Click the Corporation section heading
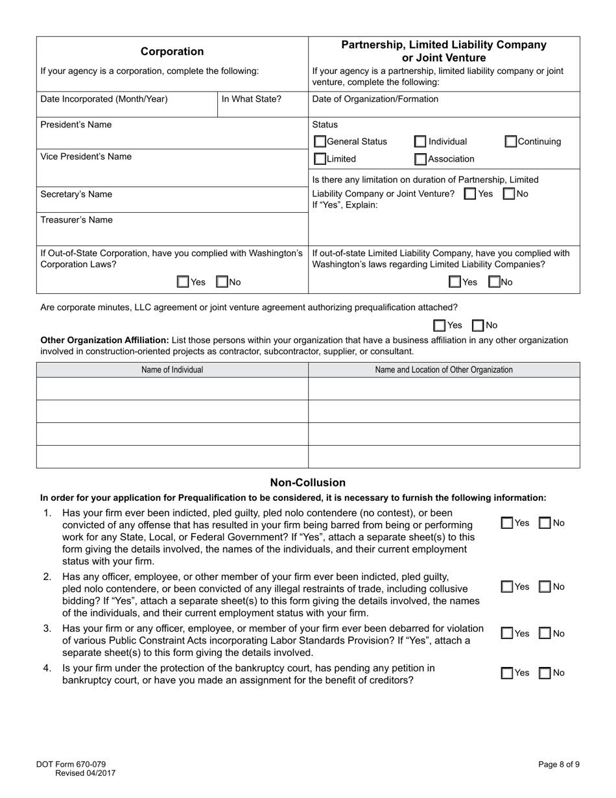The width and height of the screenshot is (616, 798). (172, 52)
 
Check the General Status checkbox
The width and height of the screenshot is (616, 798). (320, 141)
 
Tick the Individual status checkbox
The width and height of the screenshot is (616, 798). (420, 141)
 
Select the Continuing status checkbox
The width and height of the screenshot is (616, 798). (511, 141)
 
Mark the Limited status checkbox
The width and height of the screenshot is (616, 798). (320, 159)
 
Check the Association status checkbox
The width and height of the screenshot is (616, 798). (420, 159)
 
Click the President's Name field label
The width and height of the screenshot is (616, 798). (76, 125)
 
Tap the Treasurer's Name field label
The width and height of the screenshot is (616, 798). (76, 220)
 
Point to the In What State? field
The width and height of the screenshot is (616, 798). (252, 99)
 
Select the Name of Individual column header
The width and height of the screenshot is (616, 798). (172, 370)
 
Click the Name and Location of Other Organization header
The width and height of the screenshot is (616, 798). (444, 370)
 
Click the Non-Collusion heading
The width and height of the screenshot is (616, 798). (307, 483)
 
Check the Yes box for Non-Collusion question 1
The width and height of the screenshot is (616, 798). (508, 523)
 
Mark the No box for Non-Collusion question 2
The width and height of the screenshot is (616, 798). (545, 587)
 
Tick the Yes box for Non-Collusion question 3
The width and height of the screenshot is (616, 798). (508, 634)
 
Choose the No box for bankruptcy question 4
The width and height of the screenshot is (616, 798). (545, 673)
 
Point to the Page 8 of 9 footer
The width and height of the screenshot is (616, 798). (558, 764)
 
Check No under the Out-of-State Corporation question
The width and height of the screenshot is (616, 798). (222, 282)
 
